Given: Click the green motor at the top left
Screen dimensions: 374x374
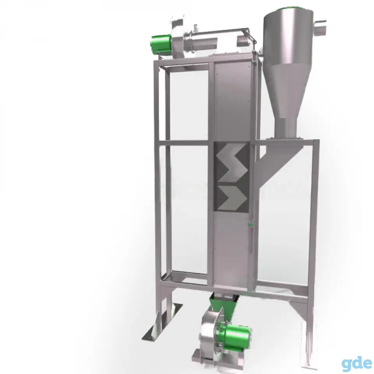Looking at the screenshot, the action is point(161,44).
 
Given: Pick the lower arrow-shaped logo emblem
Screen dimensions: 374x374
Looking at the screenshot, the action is point(233,198).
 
